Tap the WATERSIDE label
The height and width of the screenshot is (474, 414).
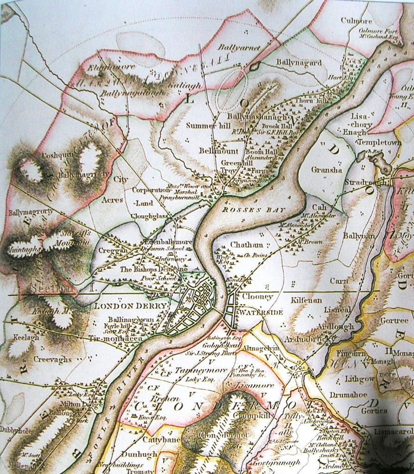pos(260,312)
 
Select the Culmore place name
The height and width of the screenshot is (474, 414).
pos(357,20)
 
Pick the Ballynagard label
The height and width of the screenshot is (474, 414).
pos(299,62)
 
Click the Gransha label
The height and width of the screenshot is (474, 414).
pos(326,170)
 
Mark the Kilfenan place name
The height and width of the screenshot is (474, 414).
pos(306,300)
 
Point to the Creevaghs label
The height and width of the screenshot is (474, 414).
pos(52,359)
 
